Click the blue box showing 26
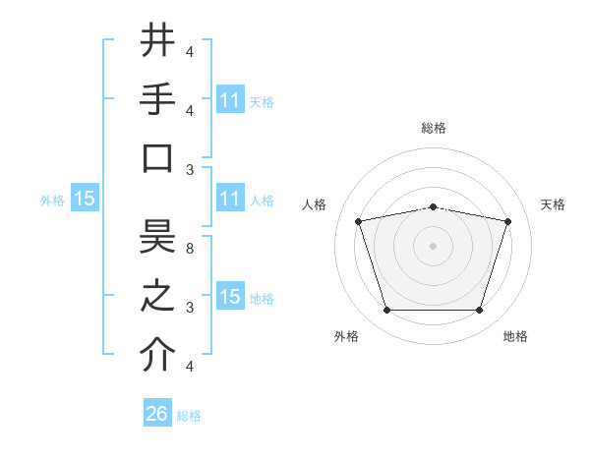click(x=157, y=414)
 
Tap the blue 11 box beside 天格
click(x=230, y=100)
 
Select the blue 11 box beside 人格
click(x=230, y=199)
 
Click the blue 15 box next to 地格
click(x=230, y=297)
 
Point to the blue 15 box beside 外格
click(x=85, y=199)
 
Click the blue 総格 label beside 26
click(x=190, y=416)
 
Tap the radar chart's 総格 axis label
click(x=433, y=128)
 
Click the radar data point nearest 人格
click(x=359, y=222)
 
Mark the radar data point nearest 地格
click(x=479, y=311)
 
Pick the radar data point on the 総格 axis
click(x=433, y=207)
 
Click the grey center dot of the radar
click(x=433, y=246)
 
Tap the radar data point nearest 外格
click(x=386, y=311)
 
